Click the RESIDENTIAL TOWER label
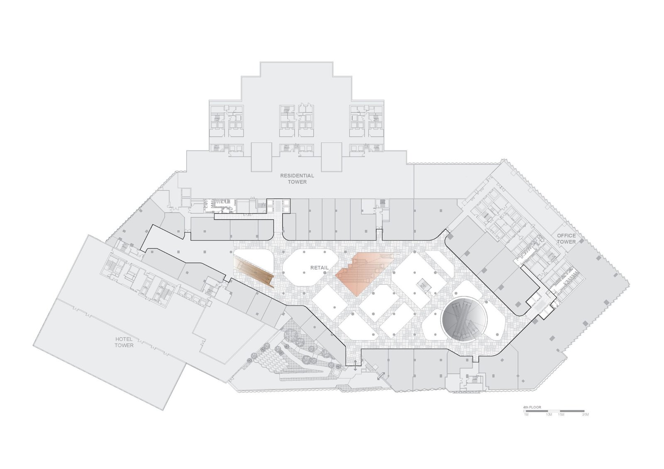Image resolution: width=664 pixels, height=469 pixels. [x=297, y=179]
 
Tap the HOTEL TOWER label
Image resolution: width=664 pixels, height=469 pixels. [x=124, y=342]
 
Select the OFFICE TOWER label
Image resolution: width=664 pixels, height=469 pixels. [x=566, y=238]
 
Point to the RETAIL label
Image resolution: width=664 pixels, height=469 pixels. [x=319, y=267]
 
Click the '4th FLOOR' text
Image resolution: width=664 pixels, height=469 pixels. [x=532, y=407]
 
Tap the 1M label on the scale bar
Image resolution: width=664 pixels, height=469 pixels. [x=526, y=415]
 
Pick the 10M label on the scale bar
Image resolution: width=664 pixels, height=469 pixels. [x=549, y=415]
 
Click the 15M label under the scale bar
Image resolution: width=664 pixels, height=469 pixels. [x=561, y=415]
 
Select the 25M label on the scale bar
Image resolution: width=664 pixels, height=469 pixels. [x=585, y=415]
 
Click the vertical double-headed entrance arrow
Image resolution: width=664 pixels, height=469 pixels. [x=355, y=366]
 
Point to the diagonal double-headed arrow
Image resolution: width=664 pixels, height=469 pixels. [x=381, y=376]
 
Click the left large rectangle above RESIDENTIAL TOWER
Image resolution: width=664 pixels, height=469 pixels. [x=261, y=157]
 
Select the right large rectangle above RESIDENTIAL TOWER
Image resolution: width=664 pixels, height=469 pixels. [x=332, y=157]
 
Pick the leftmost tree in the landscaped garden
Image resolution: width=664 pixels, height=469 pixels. [x=249, y=360]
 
